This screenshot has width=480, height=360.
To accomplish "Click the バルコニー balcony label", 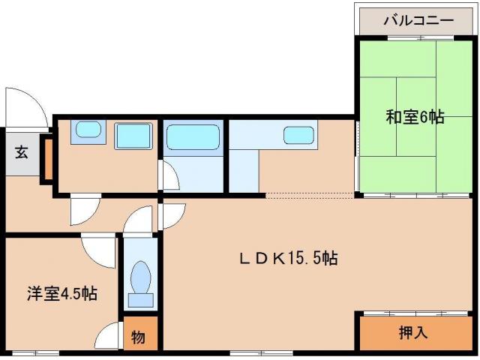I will point(418,19).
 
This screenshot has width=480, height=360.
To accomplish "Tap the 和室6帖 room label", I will point(415,117).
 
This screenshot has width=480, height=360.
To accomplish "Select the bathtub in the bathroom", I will point(193,138).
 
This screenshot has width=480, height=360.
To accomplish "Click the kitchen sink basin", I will point(298,136).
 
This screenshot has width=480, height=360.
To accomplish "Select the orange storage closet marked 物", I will point(140,337).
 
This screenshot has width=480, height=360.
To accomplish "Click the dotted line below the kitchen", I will point(309,196).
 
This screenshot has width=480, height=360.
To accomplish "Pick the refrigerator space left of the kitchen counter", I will point(244,171).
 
